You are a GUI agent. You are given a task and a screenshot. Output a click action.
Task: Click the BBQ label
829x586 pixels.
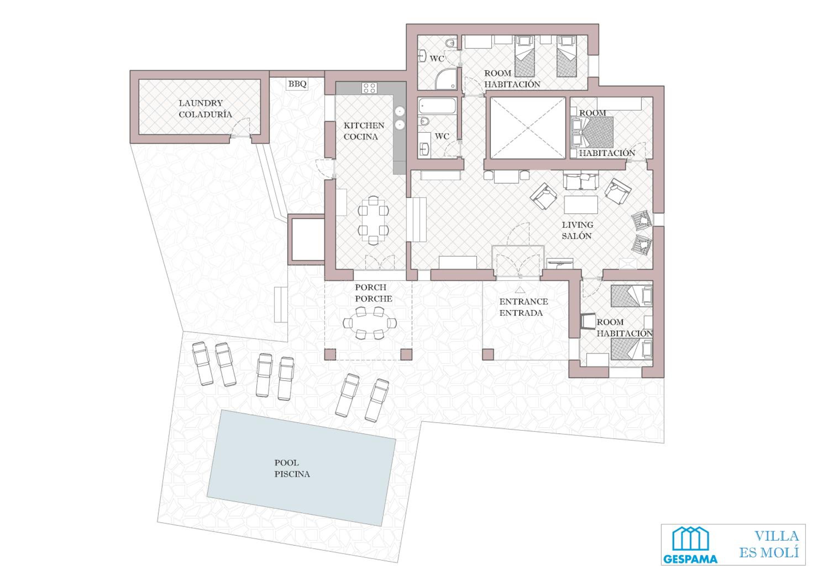pyautogui.click(x=297, y=84)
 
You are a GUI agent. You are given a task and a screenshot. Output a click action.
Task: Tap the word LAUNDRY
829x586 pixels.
pyautogui.click(x=201, y=103)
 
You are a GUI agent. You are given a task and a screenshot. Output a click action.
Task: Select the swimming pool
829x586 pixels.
pyautogui.click(x=301, y=468)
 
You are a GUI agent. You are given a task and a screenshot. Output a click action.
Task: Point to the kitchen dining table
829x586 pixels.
pyautogui.click(x=373, y=220)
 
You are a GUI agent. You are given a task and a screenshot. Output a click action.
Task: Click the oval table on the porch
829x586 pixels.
pyautogui.click(x=370, y=322)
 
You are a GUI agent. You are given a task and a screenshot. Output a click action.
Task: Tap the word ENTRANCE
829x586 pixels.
pyautogui.click(x=524, y=302)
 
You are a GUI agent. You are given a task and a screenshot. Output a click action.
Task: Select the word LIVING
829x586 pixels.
pyautogui.click(x=577, y=225)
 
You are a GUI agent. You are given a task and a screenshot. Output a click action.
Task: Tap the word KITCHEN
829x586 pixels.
pyautogui.click(x=364, y=126)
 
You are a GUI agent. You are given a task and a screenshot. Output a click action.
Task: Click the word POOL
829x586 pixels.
pyautogui.click(x=287, y=463)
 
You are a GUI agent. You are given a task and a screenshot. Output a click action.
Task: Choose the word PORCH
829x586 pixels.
pyautogui.click(x=371, y=287)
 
